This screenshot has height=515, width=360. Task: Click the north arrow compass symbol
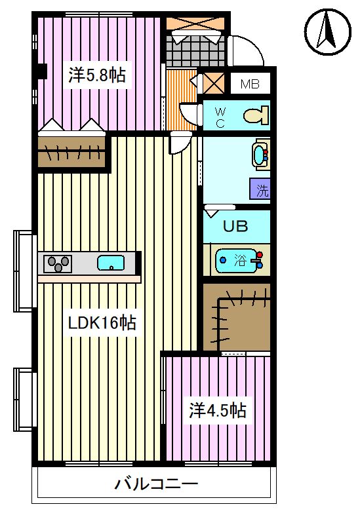tap(327, 32)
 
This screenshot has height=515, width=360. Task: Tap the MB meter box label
tap(250, 84)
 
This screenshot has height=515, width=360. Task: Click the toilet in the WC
tap(256, 115)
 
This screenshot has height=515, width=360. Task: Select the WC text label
tap(220, 117)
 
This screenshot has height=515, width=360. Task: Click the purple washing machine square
tap(260, 189)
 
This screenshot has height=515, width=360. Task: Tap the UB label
tap(235, 226)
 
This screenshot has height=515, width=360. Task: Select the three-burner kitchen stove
tap(58, 263)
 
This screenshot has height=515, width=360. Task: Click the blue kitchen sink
tap(111, 263)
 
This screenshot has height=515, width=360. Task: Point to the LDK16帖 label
tap(102, 322)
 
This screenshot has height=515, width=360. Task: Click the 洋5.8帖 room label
tap(97, 75)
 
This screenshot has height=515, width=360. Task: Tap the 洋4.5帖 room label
tap(217, 411)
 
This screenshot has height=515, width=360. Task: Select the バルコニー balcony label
tap(156, 484)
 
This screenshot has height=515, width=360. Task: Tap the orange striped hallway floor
tap(181, 99)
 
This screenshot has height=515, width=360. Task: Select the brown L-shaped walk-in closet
tap(237, 317)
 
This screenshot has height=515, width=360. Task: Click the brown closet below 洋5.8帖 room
tap(71, 151)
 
